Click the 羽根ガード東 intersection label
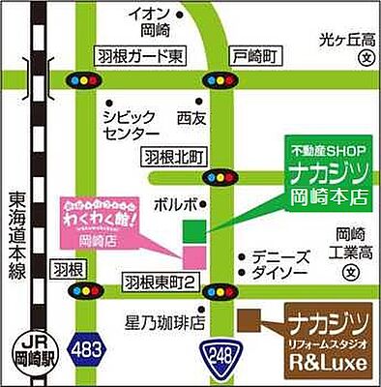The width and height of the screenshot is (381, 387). click(139, 56)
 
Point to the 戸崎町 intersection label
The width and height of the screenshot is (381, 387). click(249, 56)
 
